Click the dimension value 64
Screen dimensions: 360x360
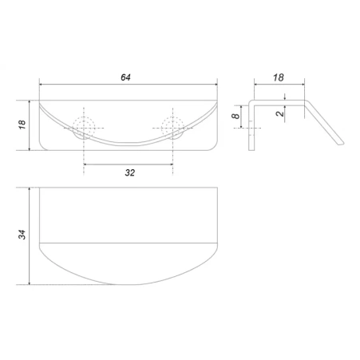(x=125, y=77)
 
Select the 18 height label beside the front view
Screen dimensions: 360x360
(x=22, y=125)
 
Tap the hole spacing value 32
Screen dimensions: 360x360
(x=130, y=172)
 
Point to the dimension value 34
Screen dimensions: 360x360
(x=22, y=235)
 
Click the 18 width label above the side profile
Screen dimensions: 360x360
(x=279, y=77)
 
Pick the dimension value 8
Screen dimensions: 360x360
(x=235, y=117)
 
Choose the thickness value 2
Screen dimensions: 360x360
(x=280, y=113)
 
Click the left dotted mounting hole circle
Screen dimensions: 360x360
(x=84, y=126)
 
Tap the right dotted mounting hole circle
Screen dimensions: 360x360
(x=172, y=126)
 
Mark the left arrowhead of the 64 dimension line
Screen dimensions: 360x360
(x=42, y=85)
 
